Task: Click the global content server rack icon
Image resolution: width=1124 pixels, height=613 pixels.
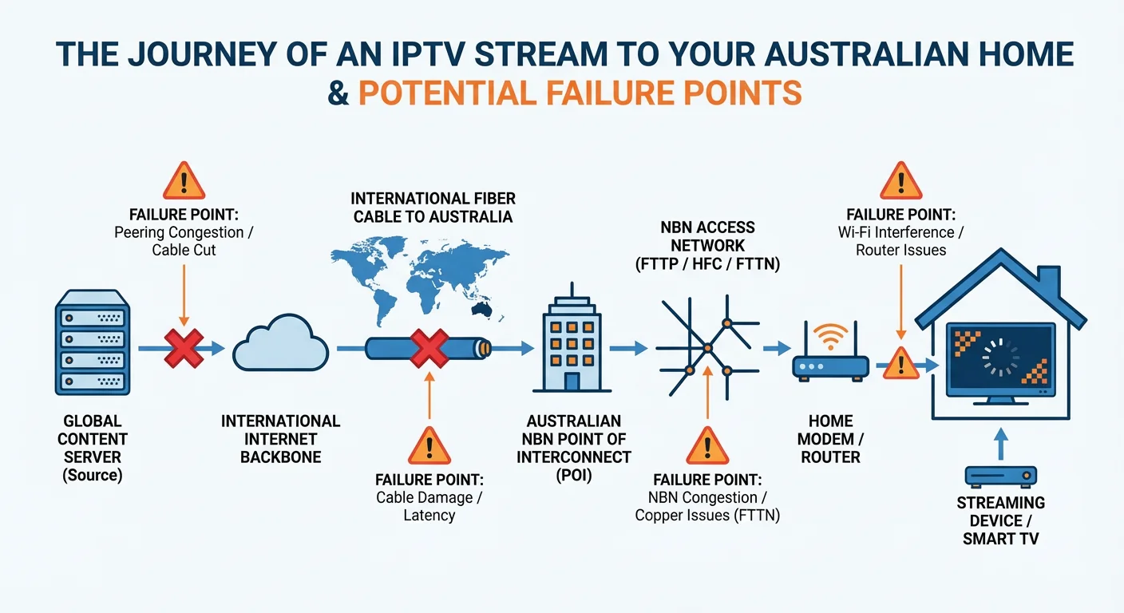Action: pos(92,342)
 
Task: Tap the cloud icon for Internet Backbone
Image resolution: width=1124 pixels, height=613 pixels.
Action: pos(280,348)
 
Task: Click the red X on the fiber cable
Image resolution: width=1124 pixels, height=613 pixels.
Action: pos(429,348)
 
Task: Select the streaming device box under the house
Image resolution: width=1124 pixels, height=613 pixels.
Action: pos(1001,477)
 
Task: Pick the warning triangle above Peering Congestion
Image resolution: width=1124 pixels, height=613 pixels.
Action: pos(184,181)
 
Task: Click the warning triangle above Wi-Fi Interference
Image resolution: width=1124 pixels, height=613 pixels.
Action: pos(900,181)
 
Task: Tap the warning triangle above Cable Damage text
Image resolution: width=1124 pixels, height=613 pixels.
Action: pos(429,446)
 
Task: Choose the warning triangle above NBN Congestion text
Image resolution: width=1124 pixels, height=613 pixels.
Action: pos(707,446)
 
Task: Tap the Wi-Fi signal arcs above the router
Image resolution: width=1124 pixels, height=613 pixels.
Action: pos(830,334)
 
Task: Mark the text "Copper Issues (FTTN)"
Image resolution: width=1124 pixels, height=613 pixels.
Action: pos(707,516)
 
